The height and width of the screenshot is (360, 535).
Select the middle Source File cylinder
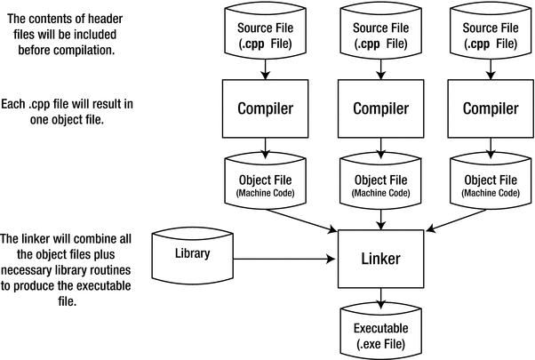pos(381,33)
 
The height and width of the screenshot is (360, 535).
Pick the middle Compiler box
pos(381,108)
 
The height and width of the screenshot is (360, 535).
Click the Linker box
pos(381,260)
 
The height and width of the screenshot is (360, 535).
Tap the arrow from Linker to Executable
pos(381,299)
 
